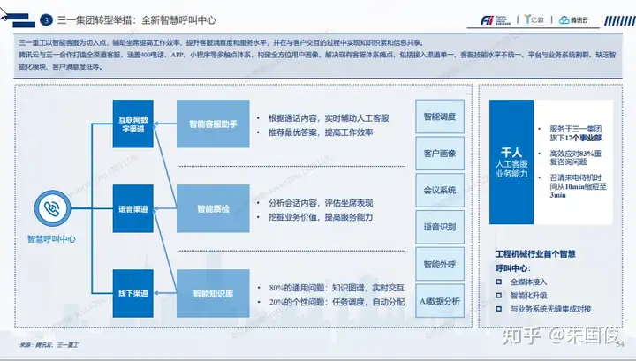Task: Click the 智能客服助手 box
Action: click(x=208, y=125)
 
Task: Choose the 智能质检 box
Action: click(x=208, y=209)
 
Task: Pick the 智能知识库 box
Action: click(x=208, y=292)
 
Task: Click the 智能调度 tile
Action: click(x=439, y=117)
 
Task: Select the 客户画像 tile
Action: click(x=439, y=154)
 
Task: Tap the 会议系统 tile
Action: click(x=439, y=190)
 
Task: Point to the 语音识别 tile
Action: click(x=439, y=227)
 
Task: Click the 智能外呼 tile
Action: click(x=439, y=264)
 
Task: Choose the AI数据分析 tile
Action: click(x=439, y=301)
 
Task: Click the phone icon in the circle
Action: click(x=50, y=208)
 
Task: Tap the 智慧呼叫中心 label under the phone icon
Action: click(x=50, y=238)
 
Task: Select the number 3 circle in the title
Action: click(x=46, y=19)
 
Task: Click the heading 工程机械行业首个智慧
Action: click(x=535, y=253)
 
